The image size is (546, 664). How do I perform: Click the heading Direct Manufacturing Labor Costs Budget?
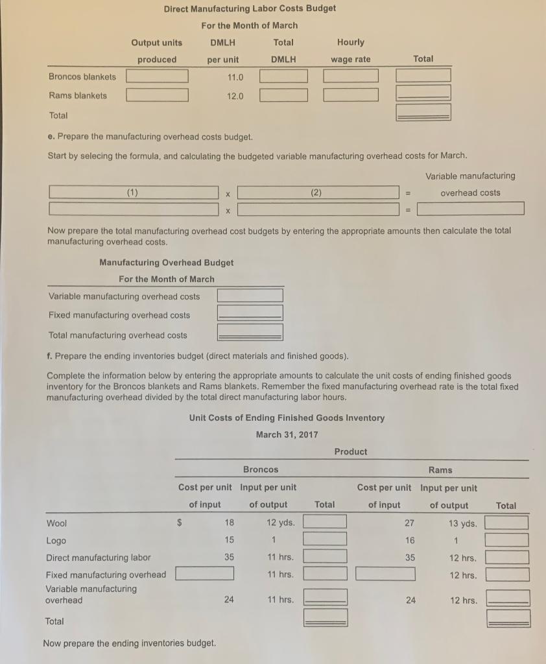click(x=250, y=8)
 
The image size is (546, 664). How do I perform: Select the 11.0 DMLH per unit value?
click(x=235, y=77)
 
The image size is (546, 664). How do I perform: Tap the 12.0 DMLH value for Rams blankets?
click(x=235, y=96)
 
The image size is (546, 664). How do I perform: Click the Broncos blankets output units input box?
click(x=157, y=77)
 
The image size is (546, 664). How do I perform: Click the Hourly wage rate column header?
click(x=351, y=51)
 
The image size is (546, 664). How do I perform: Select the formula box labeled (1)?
click(x=133, y=193)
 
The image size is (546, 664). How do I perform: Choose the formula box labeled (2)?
click(x=317, y=193)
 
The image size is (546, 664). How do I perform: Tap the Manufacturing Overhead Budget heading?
click(x=166, y=263)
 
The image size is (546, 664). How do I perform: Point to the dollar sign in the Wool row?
click(x=181, y=523)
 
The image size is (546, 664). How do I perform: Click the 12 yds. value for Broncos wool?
click(x=280, y=523)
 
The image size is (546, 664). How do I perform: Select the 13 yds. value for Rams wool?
click(x=462, y=523)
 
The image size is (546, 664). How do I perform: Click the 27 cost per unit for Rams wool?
click(x=409, y=523)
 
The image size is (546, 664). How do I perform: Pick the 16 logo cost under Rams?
click(x=409, y=540)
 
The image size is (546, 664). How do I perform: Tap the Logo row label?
click(x=56, y=540)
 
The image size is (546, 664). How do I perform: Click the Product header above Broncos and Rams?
click(x=350, y=451)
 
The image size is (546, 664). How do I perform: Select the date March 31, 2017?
click(x=287, y=434)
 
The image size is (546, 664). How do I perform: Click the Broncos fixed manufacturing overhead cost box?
click(x=204, y=574)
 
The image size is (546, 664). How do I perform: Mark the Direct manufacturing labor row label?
click(x=98, y=557)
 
